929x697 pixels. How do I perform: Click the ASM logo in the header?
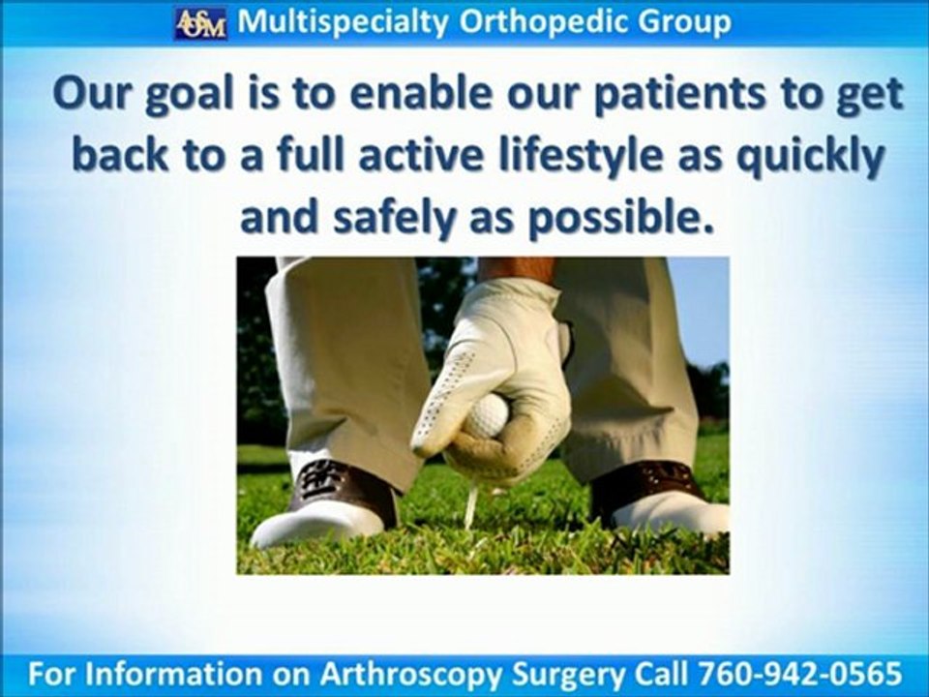200,22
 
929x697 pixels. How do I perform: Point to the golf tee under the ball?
470,503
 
